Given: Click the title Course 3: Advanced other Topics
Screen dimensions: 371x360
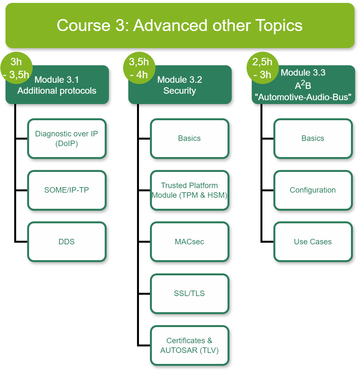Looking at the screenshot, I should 180,26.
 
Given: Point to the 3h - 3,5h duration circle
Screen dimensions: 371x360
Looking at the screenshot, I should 16,68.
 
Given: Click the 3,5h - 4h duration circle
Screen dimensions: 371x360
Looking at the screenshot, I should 139,68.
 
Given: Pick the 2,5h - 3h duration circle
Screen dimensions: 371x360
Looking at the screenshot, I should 262,68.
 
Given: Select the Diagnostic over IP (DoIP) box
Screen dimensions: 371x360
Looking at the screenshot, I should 67,139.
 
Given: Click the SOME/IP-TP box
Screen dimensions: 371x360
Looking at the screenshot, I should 67,190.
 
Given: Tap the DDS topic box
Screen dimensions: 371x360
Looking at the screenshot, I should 67,242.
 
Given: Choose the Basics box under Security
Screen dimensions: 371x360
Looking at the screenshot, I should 189,139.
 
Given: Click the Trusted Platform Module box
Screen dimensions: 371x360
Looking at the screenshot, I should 189,190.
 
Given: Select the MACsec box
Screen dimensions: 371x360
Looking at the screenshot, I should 189,242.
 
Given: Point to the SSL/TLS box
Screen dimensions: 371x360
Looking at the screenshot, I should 189,293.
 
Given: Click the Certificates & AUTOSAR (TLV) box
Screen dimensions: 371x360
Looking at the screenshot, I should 189,345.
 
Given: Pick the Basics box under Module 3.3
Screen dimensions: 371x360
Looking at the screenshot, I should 313,139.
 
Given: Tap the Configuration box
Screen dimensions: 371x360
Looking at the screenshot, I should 313,190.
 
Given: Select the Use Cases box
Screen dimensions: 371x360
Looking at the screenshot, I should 313,242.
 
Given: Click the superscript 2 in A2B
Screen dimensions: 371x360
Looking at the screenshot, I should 303,83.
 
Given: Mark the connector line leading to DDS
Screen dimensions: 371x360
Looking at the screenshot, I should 21,241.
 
